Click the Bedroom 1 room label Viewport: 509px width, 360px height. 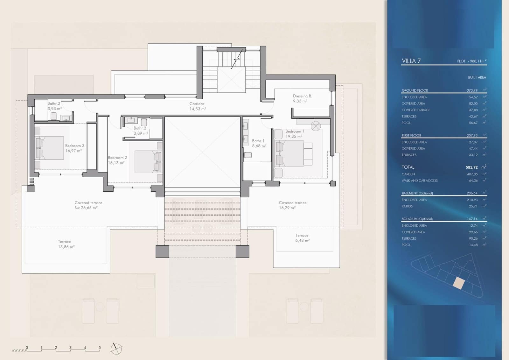click(295, 131)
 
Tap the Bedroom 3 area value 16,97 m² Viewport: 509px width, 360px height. click(73, 151)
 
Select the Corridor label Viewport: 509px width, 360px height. click(197, 103)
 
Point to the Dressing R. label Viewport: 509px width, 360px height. click(302, 96)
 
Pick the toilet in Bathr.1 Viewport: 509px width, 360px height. click(248, 155)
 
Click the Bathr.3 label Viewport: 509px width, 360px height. click(54, 103)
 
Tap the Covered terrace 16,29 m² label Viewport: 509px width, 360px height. click(293, 205)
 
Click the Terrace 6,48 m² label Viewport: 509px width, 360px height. click(302, 238)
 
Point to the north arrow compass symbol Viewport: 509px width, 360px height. click(116, 349)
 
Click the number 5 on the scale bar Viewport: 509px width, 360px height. click(100, 348)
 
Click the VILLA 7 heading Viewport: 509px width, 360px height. click(411, 61)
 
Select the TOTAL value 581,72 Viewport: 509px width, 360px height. click(471, 167)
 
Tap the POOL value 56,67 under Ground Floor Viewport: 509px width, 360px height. click(473, 123)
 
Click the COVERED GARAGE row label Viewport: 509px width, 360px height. click(416, 110)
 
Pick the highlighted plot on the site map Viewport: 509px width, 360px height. click(458, 283)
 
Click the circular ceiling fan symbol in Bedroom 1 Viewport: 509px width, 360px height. click(316, 126)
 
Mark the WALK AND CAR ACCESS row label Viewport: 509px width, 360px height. click(419, 180)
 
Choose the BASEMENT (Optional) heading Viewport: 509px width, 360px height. click(417, 193)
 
